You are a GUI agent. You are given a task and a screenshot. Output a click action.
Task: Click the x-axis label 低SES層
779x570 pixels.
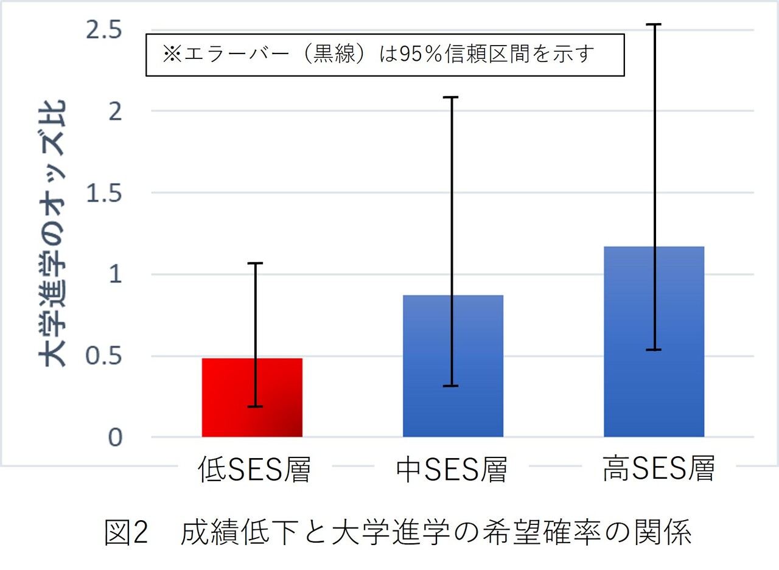point(254,470)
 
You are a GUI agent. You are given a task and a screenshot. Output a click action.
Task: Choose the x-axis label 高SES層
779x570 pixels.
point(658,469)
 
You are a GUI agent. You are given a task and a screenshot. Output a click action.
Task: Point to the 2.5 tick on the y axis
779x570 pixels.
point(104,30)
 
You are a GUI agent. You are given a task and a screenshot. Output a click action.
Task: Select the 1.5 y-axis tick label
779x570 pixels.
point(104,193)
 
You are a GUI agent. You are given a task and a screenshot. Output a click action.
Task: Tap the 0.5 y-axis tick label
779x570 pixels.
point(104,356)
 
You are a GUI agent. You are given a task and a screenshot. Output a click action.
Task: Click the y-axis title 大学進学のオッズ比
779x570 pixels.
point(55,234)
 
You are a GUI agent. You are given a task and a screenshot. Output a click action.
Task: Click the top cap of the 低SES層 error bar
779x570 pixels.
point(255,263)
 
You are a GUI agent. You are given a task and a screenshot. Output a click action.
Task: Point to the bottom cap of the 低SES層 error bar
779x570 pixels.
point(255,406)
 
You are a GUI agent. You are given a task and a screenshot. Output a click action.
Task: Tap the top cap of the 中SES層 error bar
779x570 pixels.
point(453,97)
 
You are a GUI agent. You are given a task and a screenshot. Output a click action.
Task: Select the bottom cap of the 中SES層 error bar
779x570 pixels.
point(453,386)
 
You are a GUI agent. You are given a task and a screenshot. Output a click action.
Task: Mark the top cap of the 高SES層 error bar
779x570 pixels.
point(655,24)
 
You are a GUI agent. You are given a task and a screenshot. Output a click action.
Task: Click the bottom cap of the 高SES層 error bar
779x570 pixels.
point(655,350)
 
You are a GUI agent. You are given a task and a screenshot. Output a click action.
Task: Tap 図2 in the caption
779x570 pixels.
point(126,534)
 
